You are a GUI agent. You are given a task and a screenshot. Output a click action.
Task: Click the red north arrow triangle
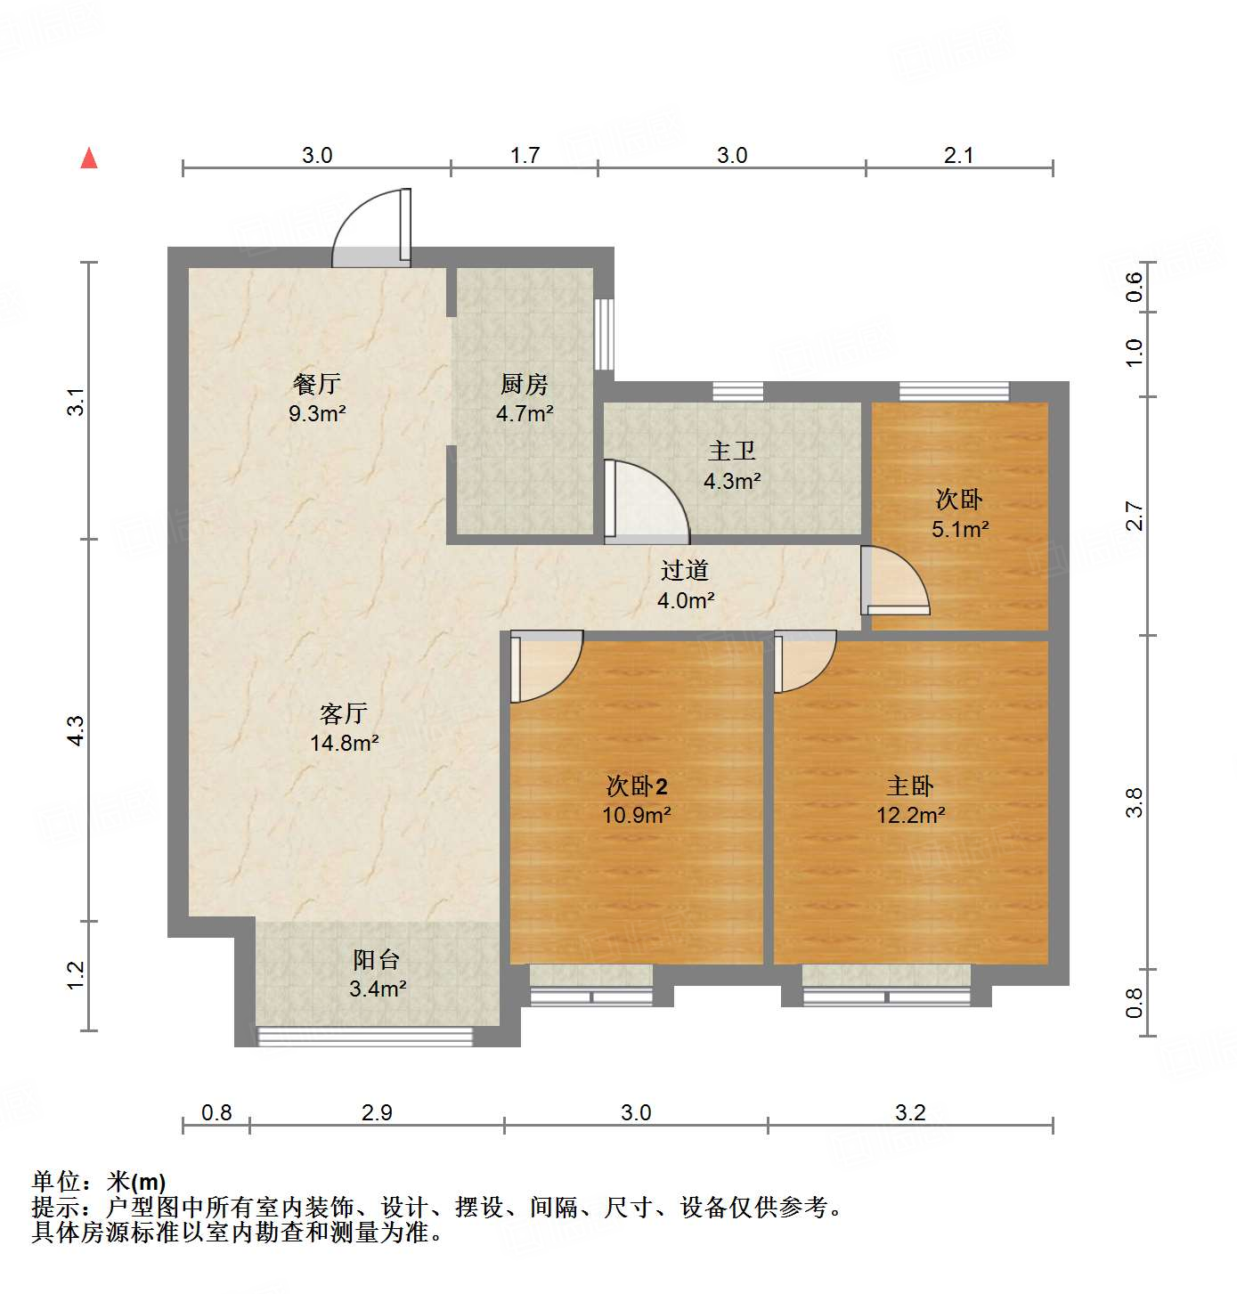89,159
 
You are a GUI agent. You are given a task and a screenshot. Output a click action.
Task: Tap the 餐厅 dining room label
317,384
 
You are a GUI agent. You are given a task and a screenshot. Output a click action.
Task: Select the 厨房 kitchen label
525,384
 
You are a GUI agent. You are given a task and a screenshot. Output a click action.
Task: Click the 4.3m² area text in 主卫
732,482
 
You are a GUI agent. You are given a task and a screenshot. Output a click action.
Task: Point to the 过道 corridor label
685,570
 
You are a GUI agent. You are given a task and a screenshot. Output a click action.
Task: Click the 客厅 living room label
344,713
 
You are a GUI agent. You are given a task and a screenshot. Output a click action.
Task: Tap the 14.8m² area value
344,743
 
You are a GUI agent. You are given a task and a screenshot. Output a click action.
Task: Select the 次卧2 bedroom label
636,785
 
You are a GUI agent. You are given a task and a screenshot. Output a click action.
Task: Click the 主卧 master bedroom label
910,785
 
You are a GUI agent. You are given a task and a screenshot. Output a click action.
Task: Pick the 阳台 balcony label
377,959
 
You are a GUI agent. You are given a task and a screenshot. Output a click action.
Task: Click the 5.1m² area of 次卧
960,530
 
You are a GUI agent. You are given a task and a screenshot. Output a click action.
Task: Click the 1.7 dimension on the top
525,156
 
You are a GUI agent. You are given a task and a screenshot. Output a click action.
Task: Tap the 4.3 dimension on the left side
77,730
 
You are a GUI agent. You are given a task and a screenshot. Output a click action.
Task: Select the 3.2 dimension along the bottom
910,1112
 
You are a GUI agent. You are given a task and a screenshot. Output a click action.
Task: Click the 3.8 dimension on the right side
1134,802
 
